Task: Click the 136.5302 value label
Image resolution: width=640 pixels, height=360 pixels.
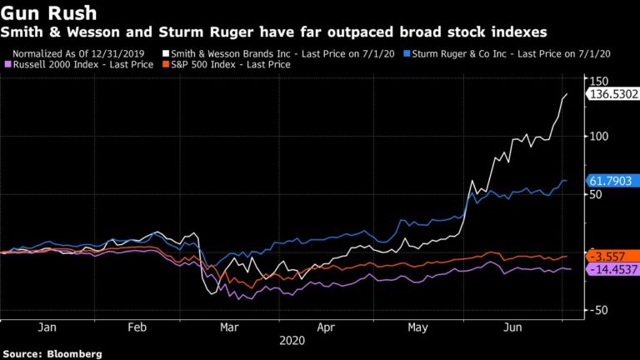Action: pos(612,95)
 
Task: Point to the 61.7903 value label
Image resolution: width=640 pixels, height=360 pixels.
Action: pos(611,181)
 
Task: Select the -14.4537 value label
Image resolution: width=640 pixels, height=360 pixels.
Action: pos(612,270)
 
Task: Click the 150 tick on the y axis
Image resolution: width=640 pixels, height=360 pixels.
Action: pos(598,80)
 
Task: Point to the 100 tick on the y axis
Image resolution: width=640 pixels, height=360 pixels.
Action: pos(598,136)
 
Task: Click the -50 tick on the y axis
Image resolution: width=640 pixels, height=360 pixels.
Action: pos(597,309)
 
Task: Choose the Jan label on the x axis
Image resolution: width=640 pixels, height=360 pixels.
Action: pos(47,328)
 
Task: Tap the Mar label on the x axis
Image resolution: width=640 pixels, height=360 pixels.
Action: pos(230,328)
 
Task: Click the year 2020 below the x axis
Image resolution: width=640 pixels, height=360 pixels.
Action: pos(292,341)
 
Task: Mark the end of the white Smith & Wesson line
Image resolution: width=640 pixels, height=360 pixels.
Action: pos(567,94)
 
